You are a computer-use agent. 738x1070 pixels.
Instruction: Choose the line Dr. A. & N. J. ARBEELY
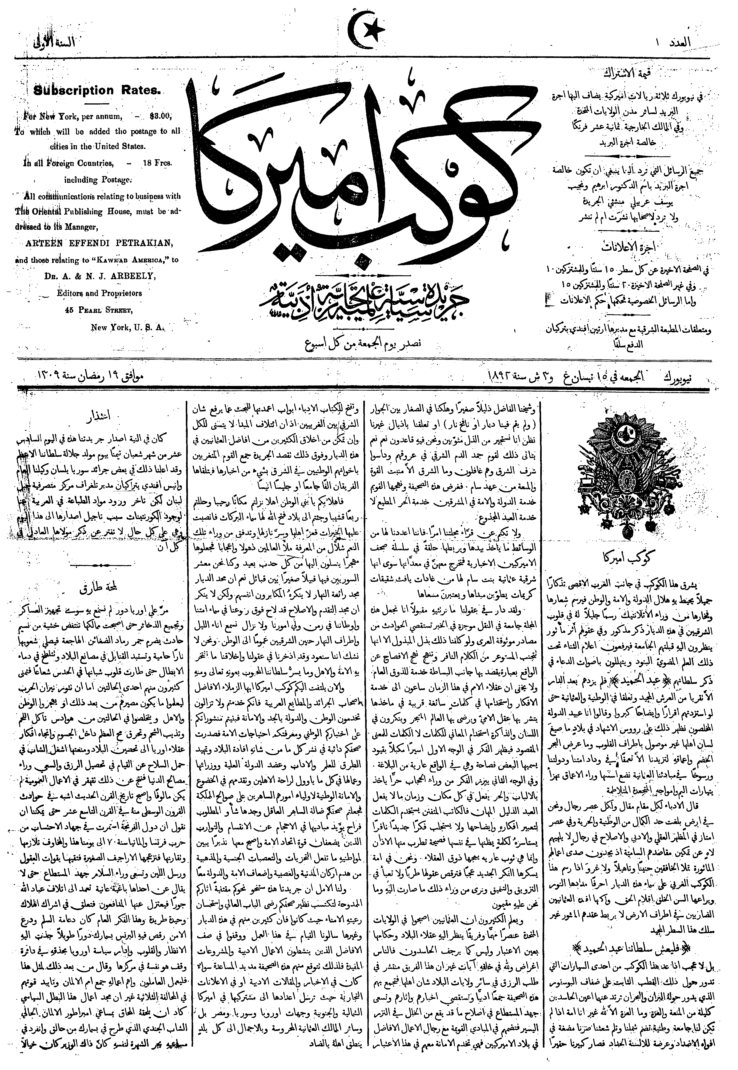tap(100, 276)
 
